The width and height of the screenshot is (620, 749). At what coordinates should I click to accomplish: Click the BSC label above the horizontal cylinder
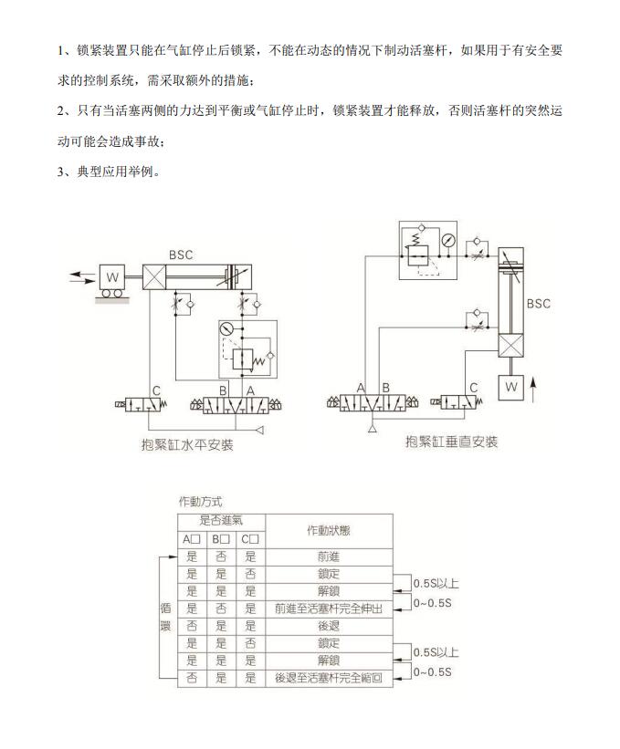click(181, 255)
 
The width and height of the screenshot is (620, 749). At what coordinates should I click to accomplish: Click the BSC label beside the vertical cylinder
click(538, 304)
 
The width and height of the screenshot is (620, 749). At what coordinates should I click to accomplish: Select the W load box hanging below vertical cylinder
click(511, 387)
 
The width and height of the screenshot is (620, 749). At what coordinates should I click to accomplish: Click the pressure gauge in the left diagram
click(226, 328)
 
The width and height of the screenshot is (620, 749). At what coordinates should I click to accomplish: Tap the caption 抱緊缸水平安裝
click(187, 445)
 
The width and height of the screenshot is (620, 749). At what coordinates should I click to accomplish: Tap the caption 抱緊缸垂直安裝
click(452, 442)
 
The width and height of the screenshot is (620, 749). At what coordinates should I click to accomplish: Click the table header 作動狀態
click(329, 531)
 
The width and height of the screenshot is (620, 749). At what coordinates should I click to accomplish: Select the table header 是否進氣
click(221, 521)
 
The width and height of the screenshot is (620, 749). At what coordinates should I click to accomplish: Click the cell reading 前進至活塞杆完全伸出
click(329, 609)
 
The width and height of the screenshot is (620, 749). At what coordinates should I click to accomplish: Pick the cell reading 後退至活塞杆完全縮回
click(329, 678)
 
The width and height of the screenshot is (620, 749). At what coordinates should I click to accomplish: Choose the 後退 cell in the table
click(329, 626)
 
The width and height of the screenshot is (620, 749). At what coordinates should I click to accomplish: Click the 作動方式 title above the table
click(200, 502)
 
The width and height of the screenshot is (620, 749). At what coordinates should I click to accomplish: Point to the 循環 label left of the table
click(166, 617)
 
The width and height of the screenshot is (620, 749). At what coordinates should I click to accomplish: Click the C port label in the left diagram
click(156, 390)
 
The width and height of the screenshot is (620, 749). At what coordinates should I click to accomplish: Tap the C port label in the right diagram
click(474, 388)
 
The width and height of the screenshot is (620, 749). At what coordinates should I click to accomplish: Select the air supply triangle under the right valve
click(373, 429)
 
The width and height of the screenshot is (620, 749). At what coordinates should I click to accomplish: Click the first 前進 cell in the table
click(329, 557)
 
